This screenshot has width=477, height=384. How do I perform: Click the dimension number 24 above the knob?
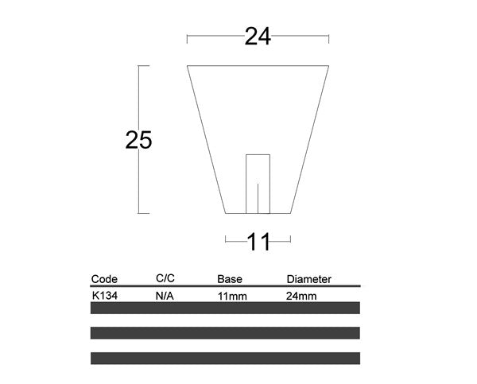(258, 37)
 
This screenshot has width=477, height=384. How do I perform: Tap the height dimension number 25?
(138, 140)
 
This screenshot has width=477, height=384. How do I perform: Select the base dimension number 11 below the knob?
(258, 242)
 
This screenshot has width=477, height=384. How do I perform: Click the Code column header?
(104, 279)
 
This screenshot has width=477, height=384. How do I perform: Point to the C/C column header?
(165, 278)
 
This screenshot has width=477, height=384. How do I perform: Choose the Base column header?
(230, 279)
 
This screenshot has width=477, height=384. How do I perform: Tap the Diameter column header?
(308, 279)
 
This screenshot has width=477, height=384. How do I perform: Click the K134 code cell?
(105, 296)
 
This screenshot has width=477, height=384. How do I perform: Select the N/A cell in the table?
(165, 296)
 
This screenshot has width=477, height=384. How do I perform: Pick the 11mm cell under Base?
(232, 296)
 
